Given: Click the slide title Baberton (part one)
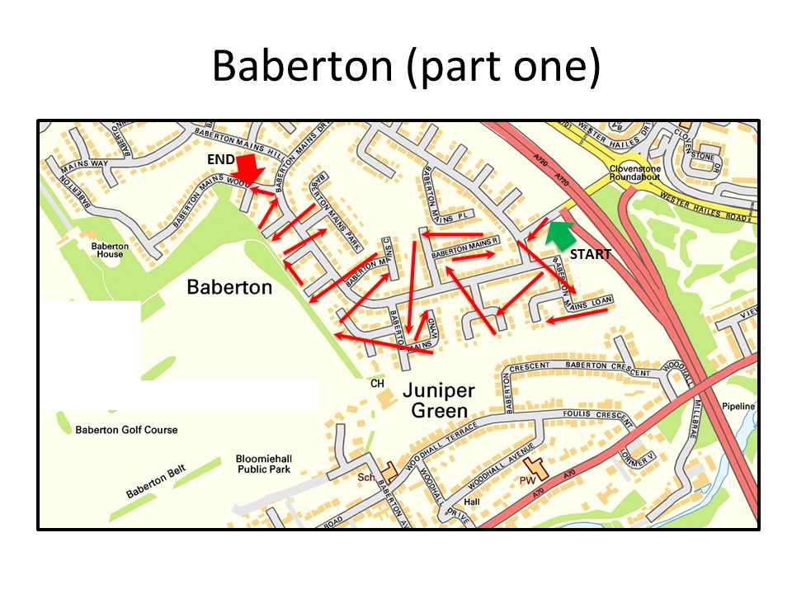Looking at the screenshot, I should tap(405, 67).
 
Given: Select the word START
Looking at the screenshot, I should tap(591, 254).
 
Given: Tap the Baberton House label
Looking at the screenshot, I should tap(107, 250).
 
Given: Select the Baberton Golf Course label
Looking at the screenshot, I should tap(126, 430).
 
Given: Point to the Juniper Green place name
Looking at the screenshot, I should tap(435, 399).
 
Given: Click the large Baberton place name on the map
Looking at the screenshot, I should tap(229, 287).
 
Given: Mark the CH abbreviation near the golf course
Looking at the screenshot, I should tap(377, 384).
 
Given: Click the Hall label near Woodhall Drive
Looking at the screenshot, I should tap(472, 501).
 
